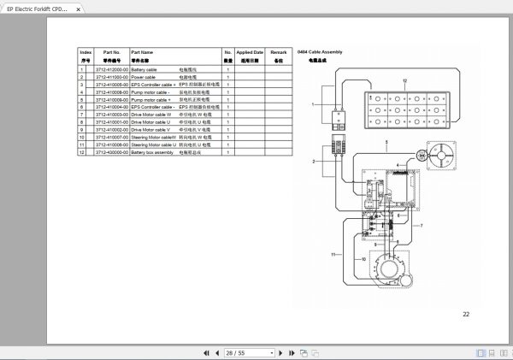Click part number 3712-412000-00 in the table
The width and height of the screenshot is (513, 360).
tap(112, 68)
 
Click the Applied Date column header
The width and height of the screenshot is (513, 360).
tap(249, 52)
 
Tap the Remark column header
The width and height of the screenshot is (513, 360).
tap(278, 52)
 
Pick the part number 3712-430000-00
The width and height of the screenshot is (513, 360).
tap(112, 151)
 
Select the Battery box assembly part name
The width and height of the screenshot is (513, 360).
tap(152, 151)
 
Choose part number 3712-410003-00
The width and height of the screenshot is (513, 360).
tap(112, 114)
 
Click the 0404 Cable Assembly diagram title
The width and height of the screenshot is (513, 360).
tap(320, 53)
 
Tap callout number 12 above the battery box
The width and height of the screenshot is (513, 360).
tap(405, 80)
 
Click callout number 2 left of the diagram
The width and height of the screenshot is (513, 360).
tap(314, 160)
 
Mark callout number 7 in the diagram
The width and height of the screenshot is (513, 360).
tap(421, 224)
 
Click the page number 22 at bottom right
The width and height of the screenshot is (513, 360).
tap(466, 314)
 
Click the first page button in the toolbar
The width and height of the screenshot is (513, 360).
tap(207, 352)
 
